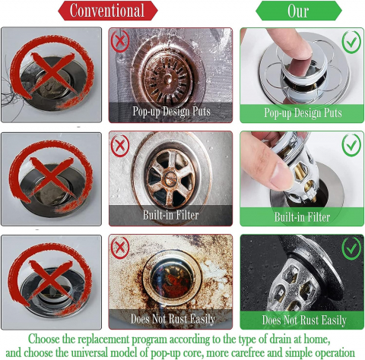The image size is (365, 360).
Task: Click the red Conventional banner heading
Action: (x=108, y=11)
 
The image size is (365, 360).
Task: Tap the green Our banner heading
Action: (x=299, y=11)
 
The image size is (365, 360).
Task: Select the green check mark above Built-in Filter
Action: (x=351, y=145)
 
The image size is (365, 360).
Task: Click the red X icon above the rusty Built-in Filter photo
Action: (x=120, y=146)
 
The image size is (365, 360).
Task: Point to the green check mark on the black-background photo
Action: (x=351, y=248)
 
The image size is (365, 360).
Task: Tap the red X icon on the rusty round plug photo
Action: (x=120, y=248)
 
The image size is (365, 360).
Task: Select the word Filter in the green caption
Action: (x=317, y=217)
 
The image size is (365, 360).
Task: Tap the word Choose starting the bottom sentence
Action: (x=43, y=339)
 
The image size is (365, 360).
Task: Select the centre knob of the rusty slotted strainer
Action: (x=167, y=77)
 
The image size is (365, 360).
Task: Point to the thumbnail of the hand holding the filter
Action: (x=281, y=177)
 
